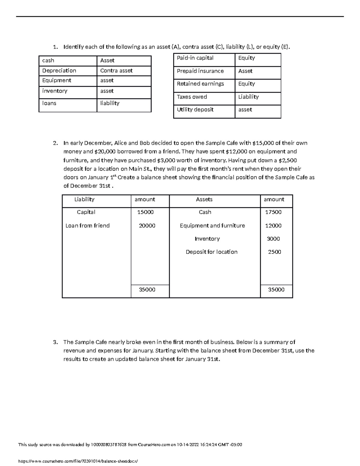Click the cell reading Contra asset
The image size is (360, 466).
[116, 71]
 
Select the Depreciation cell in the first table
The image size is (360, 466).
[59, 71]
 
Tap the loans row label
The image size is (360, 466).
[49, 103]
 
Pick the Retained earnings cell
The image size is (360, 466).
[200, 84]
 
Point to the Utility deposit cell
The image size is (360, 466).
[195, 110]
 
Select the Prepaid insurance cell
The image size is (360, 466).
[200, 71]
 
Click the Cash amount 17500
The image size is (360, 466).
[273, 212]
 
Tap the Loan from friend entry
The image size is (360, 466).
[87, 226]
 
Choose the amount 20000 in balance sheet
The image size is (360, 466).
[147, 226]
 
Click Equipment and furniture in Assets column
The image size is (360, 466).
[212, 226]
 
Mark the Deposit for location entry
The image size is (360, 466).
[211, 252]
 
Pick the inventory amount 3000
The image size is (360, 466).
[273, 239]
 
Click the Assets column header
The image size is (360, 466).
[204, 200]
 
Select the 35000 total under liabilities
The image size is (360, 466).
[147, 290]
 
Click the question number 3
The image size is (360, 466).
[55, 342]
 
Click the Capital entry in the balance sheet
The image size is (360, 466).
[86, 212]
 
